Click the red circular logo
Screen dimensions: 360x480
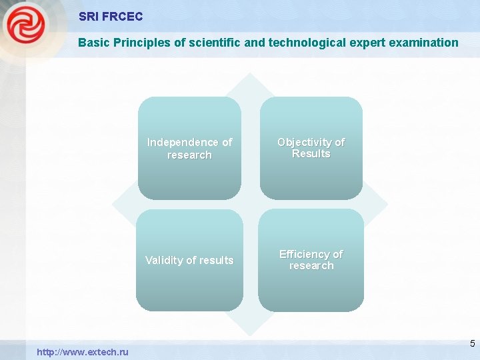pos(25,25)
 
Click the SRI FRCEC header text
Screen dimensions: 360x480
pos(110,17)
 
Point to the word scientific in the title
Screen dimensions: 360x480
pos(202,43)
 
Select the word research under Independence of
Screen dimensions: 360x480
pos(189,155)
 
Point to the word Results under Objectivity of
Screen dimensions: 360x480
pos(311,154)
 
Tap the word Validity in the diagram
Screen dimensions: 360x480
pos(165,260)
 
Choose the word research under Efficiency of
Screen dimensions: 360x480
pos(311,266)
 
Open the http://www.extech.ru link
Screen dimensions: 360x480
pos(83,351)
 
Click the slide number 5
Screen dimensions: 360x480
pos(472,344)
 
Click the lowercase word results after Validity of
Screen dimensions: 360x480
pos(215,260)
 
